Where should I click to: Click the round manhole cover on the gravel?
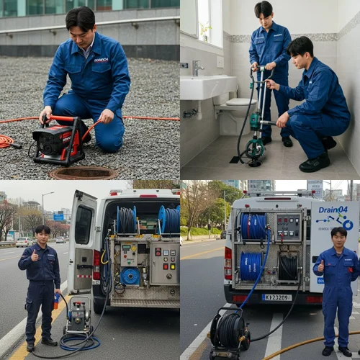coord(84,173)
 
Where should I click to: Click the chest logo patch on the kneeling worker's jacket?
coord(102,60)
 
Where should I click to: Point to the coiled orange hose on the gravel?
coord(6,141)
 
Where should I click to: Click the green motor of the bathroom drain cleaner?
coord(255,122)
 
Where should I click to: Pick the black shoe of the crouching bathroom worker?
coord(315,163)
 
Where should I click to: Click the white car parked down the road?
coord(24,242)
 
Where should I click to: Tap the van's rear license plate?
coord(276,297)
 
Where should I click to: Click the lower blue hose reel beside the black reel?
coord(251,266)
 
